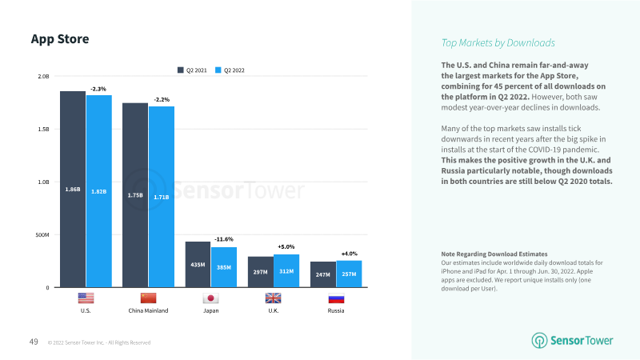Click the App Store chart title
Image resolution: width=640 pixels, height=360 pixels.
(59, 39)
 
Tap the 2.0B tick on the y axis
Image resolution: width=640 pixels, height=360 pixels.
(43, 77)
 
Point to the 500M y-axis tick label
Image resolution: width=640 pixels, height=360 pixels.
(42, 235)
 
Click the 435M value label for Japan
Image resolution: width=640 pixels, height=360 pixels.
(198, 264)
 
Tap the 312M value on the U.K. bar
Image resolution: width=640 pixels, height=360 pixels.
(286, 271)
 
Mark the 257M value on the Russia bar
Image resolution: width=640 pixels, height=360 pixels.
(349, 274)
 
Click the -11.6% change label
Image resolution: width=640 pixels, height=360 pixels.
(224, 239)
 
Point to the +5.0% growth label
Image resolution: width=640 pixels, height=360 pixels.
(286, 246)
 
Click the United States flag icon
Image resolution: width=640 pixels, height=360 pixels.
(86, 298)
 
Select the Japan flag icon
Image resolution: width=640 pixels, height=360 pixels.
(211, 298)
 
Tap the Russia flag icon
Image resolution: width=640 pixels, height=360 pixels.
(336, 298)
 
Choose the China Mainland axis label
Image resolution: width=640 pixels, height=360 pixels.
(148, 310)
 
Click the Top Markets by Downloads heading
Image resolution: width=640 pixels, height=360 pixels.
(498, 43)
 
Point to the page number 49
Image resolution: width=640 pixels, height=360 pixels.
(34, 342)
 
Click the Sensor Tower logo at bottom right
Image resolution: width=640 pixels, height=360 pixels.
(574, 340)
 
